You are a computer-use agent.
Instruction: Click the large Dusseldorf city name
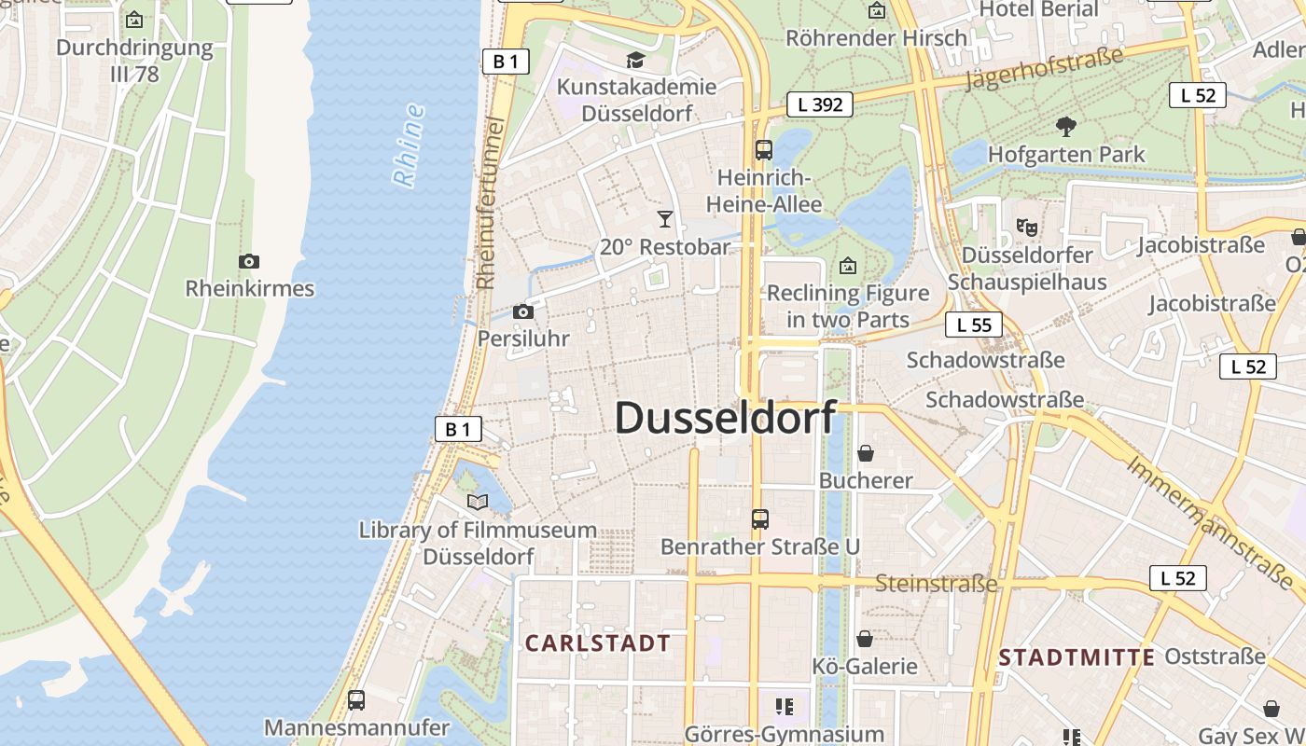(x=725, y=418)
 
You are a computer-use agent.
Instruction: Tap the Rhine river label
(x=409, y=145)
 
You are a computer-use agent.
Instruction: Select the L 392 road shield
(x=820, y=104)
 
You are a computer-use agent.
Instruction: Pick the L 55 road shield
(x=974, y=325)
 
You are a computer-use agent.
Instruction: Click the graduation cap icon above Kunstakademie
(x=635, y=61)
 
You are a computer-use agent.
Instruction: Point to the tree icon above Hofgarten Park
(x=1065, y=127)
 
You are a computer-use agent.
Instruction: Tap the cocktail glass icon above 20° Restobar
(x=664, y=219)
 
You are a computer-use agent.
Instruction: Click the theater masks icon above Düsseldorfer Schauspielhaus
(x=1026, y=227)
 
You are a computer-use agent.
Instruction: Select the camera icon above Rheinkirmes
(x=248, y=261)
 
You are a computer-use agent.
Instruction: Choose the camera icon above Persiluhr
(x=523, y=311)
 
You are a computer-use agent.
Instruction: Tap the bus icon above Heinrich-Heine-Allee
(x=764, y=149)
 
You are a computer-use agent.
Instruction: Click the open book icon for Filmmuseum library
(x=478, y=503)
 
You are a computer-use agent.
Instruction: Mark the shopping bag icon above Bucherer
(x=866, y=453)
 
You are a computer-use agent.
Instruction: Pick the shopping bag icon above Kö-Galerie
(x=865, y=639)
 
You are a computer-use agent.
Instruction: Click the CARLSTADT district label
(x=598, y=643)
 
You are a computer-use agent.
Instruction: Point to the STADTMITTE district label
(x=1077, y=657)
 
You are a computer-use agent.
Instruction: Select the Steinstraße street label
(x=936, y=584)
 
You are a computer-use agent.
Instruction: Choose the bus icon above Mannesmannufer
(x=355, y=699)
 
